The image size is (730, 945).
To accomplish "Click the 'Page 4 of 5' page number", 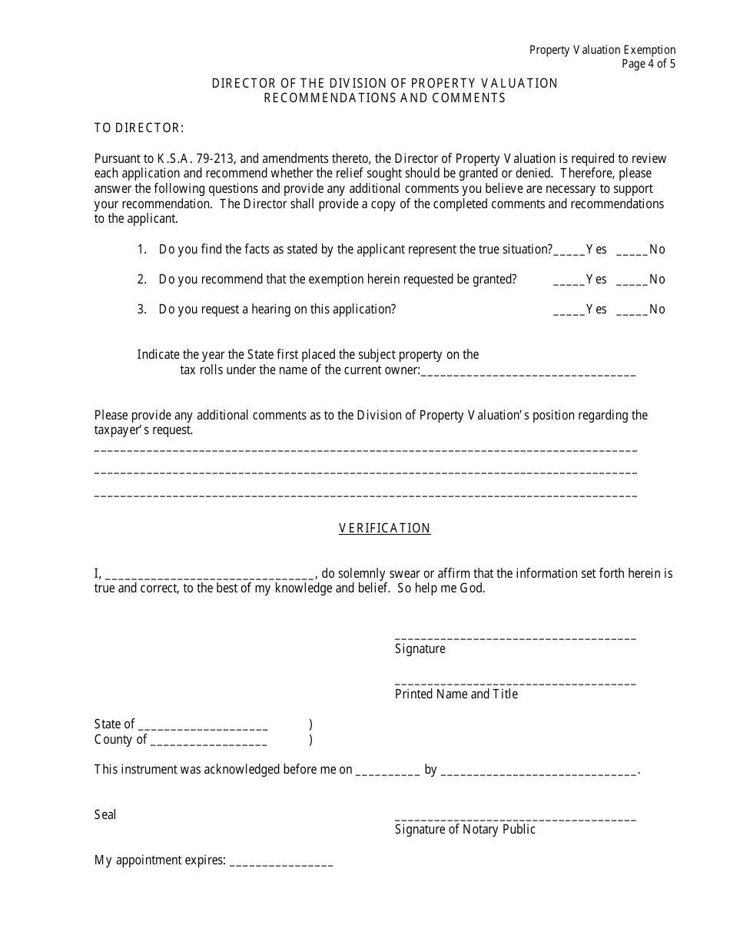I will (x=649, y=64).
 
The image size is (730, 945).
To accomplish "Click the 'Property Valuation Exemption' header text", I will (x=602, y=50).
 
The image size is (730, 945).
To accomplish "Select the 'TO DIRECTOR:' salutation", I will (x=139, y=128).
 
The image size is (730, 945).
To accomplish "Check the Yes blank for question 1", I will (x=569, y=250).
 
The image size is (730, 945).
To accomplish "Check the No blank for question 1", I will (x=632, y=250).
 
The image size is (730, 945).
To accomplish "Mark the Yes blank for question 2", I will (x=569, y=280).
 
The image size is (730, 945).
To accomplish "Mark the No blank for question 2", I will (x=632, y=280).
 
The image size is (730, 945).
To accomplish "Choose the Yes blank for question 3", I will (x=569, y=310).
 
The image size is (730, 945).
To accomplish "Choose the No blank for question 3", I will (x=632, y=310).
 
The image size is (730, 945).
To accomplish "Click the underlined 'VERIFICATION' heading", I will (x=385, y=529).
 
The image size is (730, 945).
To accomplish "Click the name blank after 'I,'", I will (x=208, y=574).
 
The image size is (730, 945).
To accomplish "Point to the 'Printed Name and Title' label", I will (x=456, y=695).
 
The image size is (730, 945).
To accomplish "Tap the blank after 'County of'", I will (x=208, y=740).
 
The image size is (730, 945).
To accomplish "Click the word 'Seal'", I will (x=105, y=814).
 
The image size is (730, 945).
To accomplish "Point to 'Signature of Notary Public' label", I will (x=465, y=830).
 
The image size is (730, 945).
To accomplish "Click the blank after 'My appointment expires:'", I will (x=281, y=860).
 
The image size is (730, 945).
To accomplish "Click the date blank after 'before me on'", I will (x=388, y=770).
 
